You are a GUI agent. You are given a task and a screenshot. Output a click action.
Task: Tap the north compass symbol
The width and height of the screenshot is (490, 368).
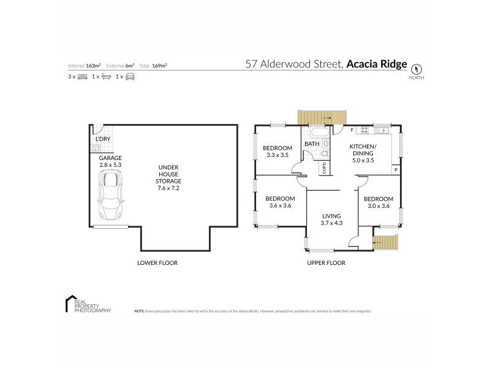click(x=417, y=69)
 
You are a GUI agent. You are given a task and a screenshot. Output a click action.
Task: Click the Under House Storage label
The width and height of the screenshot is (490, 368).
click(x=168, y=177)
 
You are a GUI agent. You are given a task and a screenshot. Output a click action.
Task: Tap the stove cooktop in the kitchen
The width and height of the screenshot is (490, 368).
click(x=364, y=129)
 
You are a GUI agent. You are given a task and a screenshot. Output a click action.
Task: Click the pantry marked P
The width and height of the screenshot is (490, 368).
click(x=396, y=170)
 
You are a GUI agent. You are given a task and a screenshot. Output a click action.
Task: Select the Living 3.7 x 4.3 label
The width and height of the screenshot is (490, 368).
click(x=332, y=220)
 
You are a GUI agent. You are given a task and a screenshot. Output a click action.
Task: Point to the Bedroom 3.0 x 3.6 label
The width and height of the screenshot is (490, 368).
click(x=379, y=202)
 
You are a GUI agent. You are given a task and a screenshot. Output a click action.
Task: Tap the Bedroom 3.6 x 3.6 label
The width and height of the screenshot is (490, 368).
click(x=280, y=202)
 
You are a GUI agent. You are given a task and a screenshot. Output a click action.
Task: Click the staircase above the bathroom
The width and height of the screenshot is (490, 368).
click(x=322, y=117)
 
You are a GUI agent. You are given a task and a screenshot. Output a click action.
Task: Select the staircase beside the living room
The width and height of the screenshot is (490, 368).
click(x=386, y=243)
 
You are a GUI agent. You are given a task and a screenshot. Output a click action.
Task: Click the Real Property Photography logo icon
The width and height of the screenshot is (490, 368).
click(x=69, y=305)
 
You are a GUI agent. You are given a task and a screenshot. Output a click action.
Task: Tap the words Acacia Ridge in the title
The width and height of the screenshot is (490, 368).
click(x=376, y=64)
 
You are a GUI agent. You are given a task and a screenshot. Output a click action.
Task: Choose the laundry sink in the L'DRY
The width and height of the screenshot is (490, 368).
click(x=97, y=149)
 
